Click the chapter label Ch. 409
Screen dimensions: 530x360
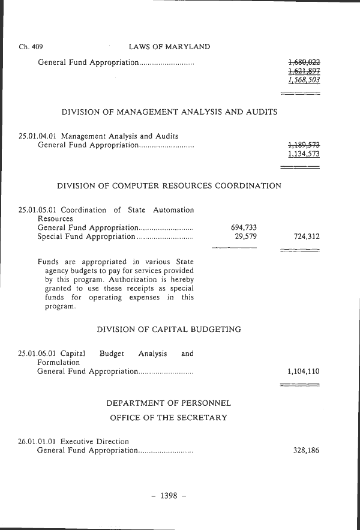[x=31, y=47]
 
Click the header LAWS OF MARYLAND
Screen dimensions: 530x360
[x=169, y=47]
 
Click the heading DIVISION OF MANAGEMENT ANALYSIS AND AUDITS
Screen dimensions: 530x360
[x=169, y=112]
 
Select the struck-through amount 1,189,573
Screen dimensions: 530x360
[x=304, y=145]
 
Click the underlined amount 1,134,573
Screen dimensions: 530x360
[x=304, y=154]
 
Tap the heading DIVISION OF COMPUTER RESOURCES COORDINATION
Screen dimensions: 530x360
[x=169, y=186]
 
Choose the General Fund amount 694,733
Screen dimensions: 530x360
[x=244, y=227]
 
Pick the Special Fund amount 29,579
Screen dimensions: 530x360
[x=246, y=236]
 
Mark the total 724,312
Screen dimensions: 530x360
[x=306, y=236]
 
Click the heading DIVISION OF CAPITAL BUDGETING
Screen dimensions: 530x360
[x=169, y=330]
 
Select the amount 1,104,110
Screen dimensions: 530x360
[x=304, y=372]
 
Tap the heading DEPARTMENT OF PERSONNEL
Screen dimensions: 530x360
[x=169, y=403]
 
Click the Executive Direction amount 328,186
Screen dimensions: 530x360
[x=306, y=450]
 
